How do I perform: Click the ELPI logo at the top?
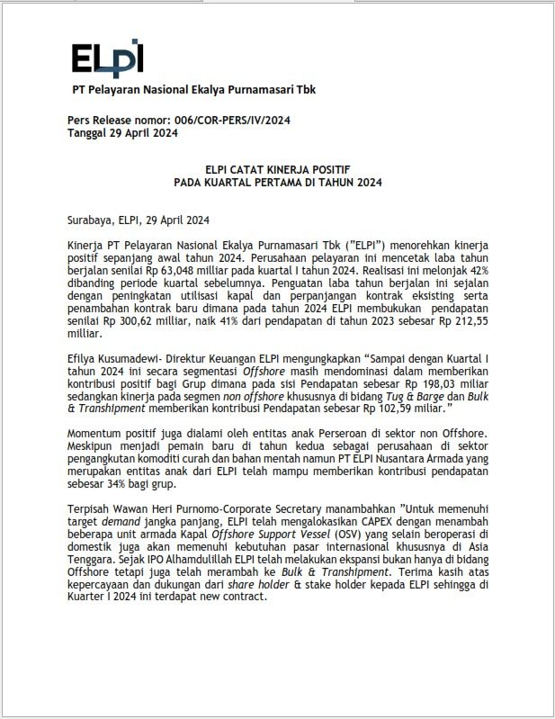coord(107,58)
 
